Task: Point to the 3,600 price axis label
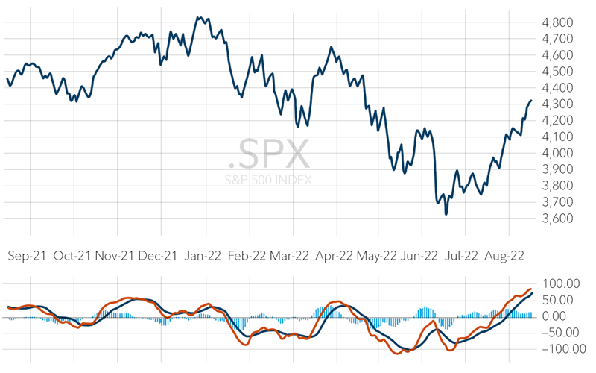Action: (559, 219)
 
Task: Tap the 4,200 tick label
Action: (559, 121)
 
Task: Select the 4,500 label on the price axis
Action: (559, 72)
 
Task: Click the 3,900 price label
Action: (559, 169)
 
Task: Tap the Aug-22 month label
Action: (504, 255)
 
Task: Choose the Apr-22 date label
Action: (333, 255)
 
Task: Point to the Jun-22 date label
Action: (419, 255)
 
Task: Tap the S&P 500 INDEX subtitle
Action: (269, 180)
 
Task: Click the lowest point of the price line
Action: (446, 215)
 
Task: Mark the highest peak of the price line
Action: (198, 16)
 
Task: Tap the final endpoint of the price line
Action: (531, 101)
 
